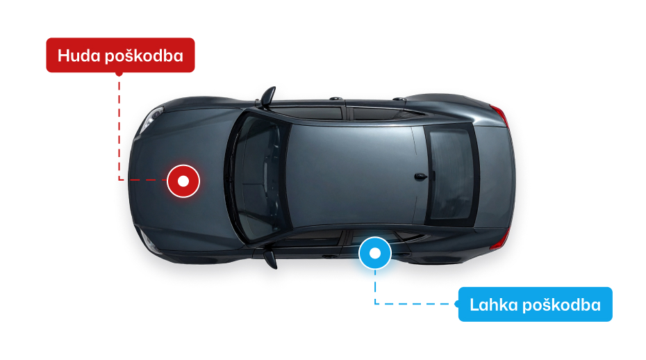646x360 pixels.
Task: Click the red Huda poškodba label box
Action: click(120, 56)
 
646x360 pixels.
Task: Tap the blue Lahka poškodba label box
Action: click(535, 304)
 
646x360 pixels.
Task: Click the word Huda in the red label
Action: click(79, 56)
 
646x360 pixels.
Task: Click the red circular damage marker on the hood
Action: click(183, 181)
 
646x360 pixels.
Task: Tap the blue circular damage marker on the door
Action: click(375, 254)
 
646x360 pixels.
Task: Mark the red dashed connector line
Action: click(120, 132)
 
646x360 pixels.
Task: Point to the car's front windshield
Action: click(258, 177)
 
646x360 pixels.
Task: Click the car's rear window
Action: click(452, 174)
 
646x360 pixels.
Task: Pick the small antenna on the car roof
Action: click(419, 176)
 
